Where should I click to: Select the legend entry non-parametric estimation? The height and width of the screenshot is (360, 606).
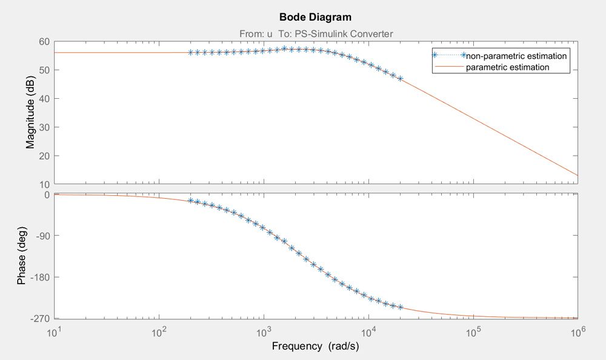click(516, 56)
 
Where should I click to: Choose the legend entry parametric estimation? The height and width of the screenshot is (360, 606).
click(507, 67)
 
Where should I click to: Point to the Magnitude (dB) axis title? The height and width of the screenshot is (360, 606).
click(30, 113)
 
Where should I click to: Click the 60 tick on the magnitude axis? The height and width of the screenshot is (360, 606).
click(44, 41)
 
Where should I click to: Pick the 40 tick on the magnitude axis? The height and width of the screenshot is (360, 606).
click(44, 98)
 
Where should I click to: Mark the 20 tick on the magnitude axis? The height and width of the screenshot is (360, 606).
click(44, 156)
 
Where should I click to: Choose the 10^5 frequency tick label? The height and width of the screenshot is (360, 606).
click(473, 332)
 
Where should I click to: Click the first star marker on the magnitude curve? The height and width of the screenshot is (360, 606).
click(190, 52)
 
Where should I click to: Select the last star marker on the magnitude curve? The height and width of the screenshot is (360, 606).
click(400, 79)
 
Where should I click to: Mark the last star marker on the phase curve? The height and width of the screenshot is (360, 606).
click(400, 307)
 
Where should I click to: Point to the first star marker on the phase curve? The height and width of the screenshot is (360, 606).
click(190, 200)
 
